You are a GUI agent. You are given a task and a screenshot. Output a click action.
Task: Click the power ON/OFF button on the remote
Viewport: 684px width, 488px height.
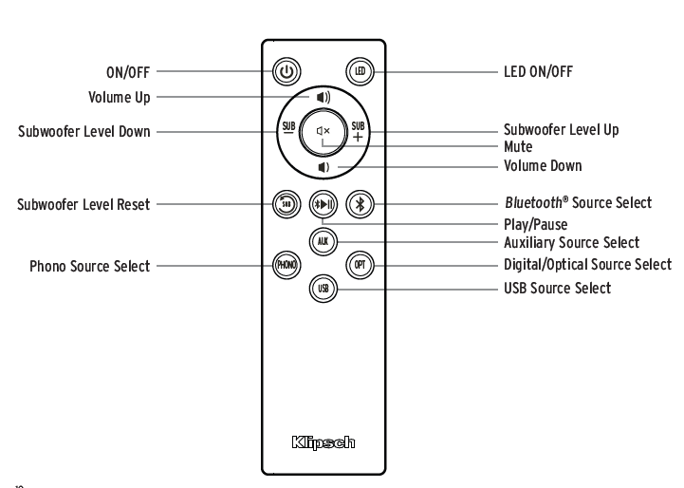pyautogui.click(x=287, y=70)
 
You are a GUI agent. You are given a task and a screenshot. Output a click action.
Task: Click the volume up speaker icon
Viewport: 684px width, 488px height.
pyautogui.click(x=324, y=97)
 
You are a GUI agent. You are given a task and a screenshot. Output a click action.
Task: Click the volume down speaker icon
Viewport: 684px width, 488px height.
pyautogui.click(x=324, y=167)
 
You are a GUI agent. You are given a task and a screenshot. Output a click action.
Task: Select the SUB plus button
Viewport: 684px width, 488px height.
pyautogui.click(x=358, y=132)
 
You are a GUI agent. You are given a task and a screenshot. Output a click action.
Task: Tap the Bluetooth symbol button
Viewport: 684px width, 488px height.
pyautogui.click(x=358, y=202)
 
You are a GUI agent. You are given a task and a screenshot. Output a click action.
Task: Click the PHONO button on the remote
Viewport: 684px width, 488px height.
pyautogui.click(x=286, y=265)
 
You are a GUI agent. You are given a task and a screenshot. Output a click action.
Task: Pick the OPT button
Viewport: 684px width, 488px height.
pyautogui.click(x=358, y=265)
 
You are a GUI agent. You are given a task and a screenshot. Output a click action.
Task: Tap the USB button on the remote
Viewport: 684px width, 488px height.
pyautogui.click(x=323, y=289)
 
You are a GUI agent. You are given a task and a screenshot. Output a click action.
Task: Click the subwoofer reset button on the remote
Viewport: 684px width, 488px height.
pyautogui.click(x=287, y=202)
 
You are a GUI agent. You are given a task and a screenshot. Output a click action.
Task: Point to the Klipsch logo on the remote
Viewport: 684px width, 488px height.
pyautogui.click(x=323, y=442)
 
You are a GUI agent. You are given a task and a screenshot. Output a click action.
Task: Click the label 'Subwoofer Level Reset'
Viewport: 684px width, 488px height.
pyautogui.click(x=83, y=203)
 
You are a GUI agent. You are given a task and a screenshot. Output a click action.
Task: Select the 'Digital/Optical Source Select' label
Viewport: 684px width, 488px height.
pyautogui.click(x=586, y=265)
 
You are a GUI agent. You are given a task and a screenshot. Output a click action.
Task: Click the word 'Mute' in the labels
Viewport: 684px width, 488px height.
pyautogui.click(x=517, y=147)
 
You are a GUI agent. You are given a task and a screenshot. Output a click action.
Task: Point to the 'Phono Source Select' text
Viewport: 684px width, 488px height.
pyautogui.click(x=90, y=267)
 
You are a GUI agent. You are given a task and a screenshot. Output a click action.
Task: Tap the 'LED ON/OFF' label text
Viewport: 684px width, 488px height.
pyautogui.click(x=538, y=71)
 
